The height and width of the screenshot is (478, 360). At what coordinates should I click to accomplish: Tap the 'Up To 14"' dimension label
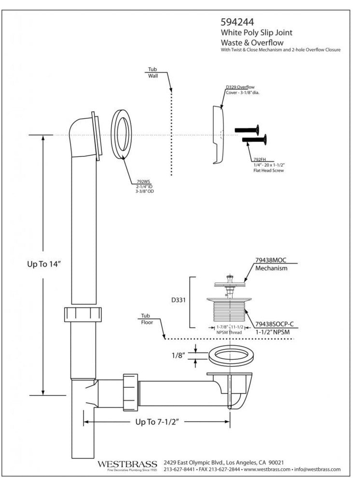click(x=43, y=265)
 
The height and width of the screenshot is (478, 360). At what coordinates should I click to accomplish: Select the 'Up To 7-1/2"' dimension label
click(x=157, y=422)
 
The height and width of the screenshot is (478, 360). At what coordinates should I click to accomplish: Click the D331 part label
click(x=179, y=300)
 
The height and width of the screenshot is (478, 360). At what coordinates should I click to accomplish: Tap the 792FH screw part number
click(x=259, y=159)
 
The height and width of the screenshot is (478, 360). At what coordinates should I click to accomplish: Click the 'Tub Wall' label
click(x=152, y=72)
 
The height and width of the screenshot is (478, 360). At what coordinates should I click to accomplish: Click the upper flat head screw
click(x=247, y=130)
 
